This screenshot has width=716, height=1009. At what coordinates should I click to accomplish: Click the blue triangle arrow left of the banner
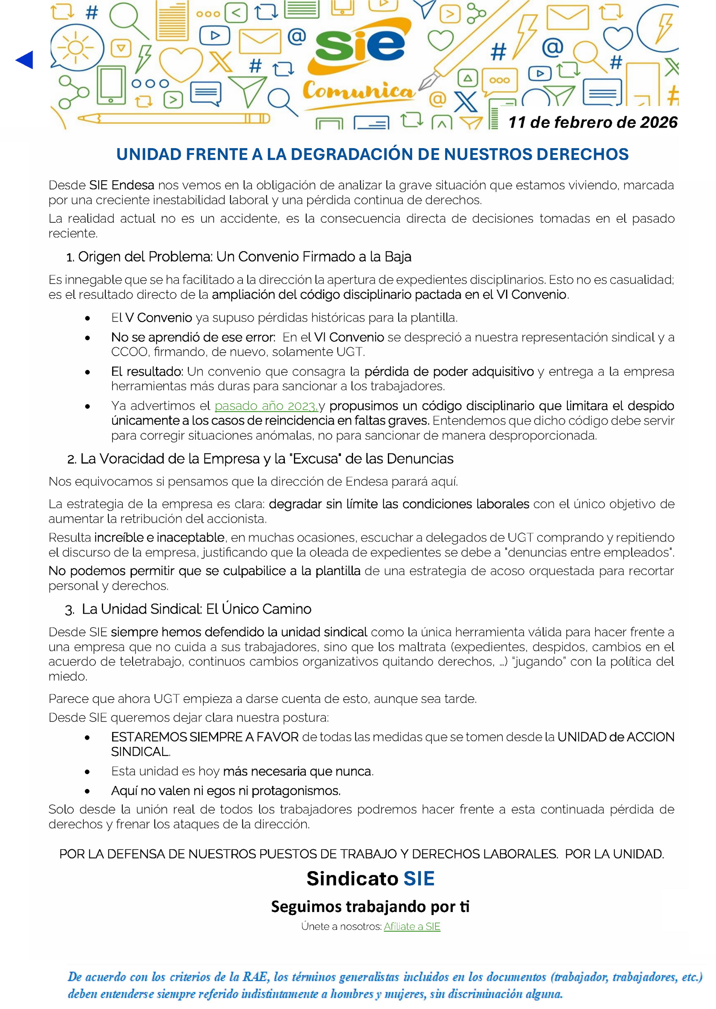coord(25,60)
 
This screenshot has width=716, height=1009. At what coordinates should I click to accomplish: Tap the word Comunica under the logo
coord(358,91)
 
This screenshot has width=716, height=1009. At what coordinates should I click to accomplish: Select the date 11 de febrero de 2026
coord(592,122)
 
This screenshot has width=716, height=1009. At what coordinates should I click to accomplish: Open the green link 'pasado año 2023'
coord(266,406)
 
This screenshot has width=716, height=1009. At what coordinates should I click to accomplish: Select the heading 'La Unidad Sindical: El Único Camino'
coord(196,609)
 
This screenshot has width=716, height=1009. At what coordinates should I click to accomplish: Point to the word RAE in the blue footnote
coord(255,976)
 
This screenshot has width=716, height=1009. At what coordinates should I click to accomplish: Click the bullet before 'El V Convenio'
coord(88,318)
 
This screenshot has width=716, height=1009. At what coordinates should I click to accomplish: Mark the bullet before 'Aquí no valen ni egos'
coord(88,791)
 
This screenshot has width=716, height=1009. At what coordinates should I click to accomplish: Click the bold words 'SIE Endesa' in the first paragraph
coord(121,185)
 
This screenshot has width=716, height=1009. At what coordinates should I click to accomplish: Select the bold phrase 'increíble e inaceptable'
coord(159,537)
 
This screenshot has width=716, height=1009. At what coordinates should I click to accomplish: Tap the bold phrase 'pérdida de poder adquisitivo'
coord(449,372)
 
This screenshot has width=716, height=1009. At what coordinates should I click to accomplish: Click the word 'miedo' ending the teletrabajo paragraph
coord(67,676)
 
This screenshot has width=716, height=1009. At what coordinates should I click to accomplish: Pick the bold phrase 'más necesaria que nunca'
coord(298,771)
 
